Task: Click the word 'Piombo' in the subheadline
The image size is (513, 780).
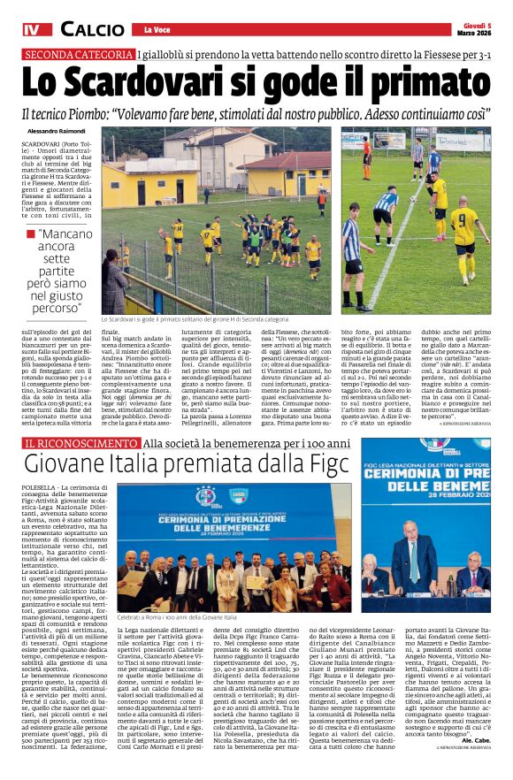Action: pyautogui.click(x=129, y=115)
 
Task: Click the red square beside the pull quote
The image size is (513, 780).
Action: pyautogui.click(x=31, y=233)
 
